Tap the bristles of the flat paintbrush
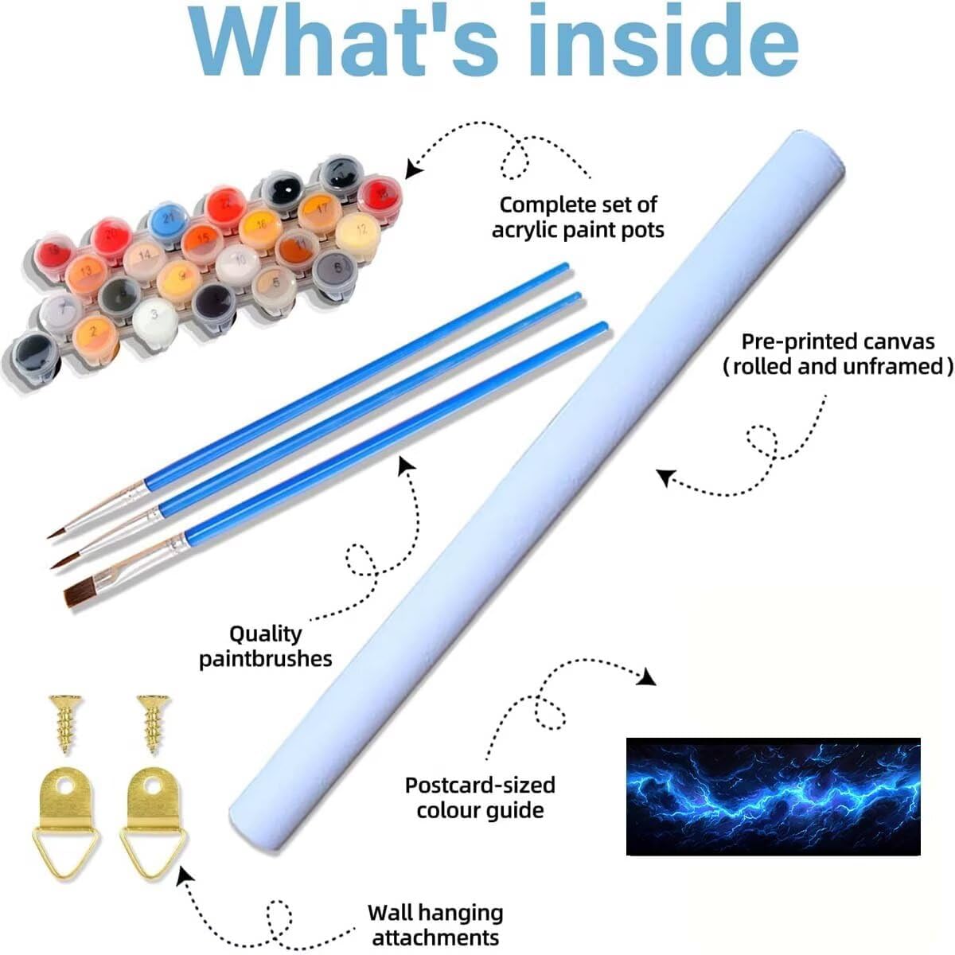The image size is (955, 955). pos(80,594)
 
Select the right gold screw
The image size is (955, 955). pos(154,723)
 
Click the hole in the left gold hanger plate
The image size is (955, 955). pos(65,785)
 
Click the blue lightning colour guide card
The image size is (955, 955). pos(773,797)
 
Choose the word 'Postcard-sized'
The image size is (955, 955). pos(480,785)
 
